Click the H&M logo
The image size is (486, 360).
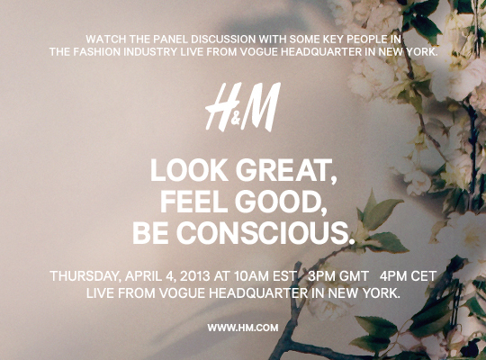click(243, 107)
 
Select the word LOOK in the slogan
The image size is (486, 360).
click(189, 170)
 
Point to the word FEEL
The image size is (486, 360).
click(193, 202)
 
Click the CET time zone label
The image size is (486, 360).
click(424, 276)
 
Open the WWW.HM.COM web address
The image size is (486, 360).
click(243, 328)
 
